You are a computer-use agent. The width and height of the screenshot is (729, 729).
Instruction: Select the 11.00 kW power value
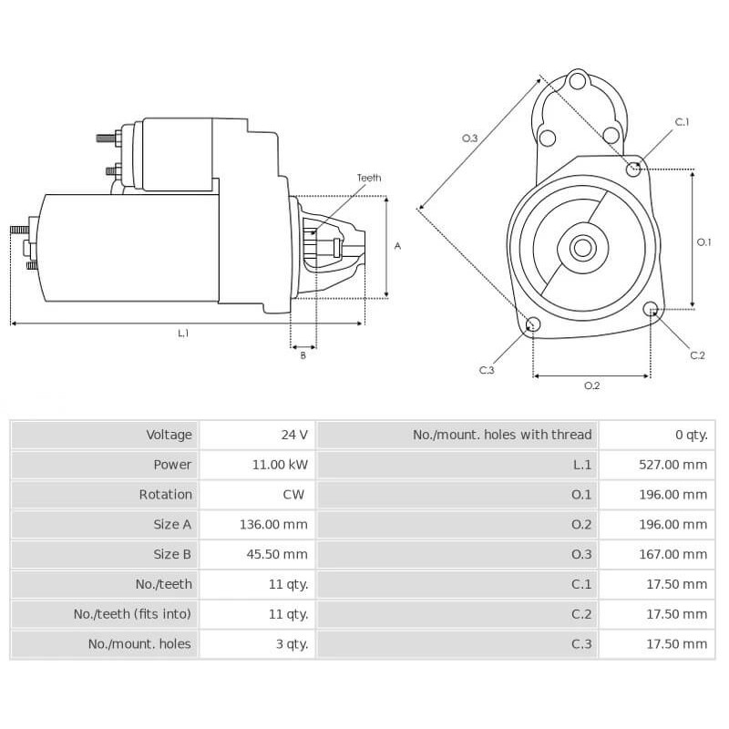click(x=280, y=465)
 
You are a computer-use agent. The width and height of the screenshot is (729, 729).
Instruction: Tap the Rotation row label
click(x=165, y=495)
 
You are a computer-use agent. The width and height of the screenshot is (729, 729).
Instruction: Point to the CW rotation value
click(x=293, y=495)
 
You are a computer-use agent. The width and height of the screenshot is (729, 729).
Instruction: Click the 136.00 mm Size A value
click(x=277, y=524)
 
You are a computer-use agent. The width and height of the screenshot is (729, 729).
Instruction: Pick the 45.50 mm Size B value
click(x=280, y=554)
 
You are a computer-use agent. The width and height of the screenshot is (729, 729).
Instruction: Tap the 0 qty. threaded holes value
click(x=691, y=435)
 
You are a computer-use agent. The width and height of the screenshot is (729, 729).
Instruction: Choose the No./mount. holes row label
click(x=139, y=643)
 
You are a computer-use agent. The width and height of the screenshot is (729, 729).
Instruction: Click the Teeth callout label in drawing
click(x=368, y=179)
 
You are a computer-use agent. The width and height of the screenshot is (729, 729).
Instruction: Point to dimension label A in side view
click(x=397, y=246)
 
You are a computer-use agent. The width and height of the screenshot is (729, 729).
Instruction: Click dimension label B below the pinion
click(x=303, y=355)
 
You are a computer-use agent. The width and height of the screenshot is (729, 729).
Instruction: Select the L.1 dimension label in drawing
click(x=183, y=334)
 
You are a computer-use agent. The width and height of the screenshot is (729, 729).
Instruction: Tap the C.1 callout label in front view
click(x=682, y=122)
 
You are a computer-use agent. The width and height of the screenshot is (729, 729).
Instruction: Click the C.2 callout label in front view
click(x=697, y=354)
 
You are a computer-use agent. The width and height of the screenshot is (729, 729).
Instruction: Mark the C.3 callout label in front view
click(x=487, y=370)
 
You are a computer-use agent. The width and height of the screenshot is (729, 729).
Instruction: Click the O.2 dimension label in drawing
click(x=591, y=385)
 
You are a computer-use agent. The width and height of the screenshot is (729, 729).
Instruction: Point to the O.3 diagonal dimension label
click(x=470, y=138)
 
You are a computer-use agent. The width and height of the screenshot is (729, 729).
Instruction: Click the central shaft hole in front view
click(x=582, y=247)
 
